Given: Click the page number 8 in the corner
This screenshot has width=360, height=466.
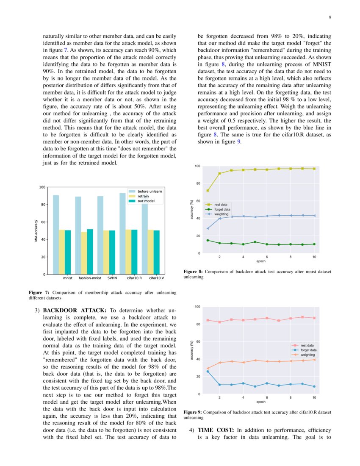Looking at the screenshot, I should coord(330,17).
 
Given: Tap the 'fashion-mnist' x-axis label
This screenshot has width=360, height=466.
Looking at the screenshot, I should coord(90,279).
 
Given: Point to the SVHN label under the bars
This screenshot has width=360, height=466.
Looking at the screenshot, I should coord(112,279).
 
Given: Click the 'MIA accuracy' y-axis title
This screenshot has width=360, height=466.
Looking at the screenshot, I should coord(37,231).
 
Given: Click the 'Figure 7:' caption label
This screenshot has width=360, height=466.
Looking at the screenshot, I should coord(39,292).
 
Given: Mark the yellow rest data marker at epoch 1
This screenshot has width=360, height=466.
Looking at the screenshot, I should coord(208,191).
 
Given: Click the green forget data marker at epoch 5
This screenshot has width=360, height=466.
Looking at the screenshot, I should coord(255,242).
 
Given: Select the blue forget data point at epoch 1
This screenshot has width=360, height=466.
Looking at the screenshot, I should coord(208,372).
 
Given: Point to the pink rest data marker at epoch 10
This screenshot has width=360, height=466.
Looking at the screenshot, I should coord(314,318).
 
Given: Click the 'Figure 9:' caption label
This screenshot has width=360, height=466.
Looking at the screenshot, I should coord(193,412).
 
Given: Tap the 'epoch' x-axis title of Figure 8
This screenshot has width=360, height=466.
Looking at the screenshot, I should coord(261,262).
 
